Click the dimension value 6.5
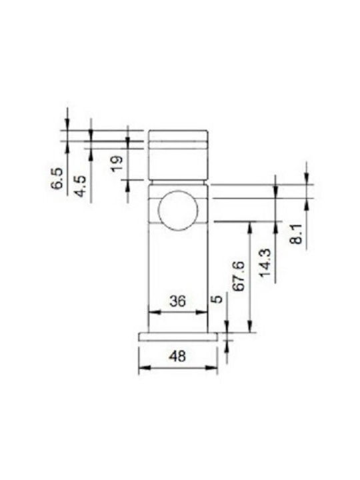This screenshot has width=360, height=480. (x=57, y=178)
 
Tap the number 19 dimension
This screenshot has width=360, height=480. (x=117, y=164)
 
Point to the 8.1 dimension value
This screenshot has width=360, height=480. (x=296, y=234)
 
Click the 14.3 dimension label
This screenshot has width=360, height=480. (x=265, y=263)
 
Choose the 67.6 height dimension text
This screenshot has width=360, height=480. (x=239, y=276)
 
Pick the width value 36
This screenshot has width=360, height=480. (x=177, y=301)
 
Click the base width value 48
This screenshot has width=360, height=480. (x=177, y=356)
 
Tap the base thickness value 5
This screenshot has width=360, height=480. (x=217, y=299)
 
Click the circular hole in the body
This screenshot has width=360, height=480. (x=178, y=210)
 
